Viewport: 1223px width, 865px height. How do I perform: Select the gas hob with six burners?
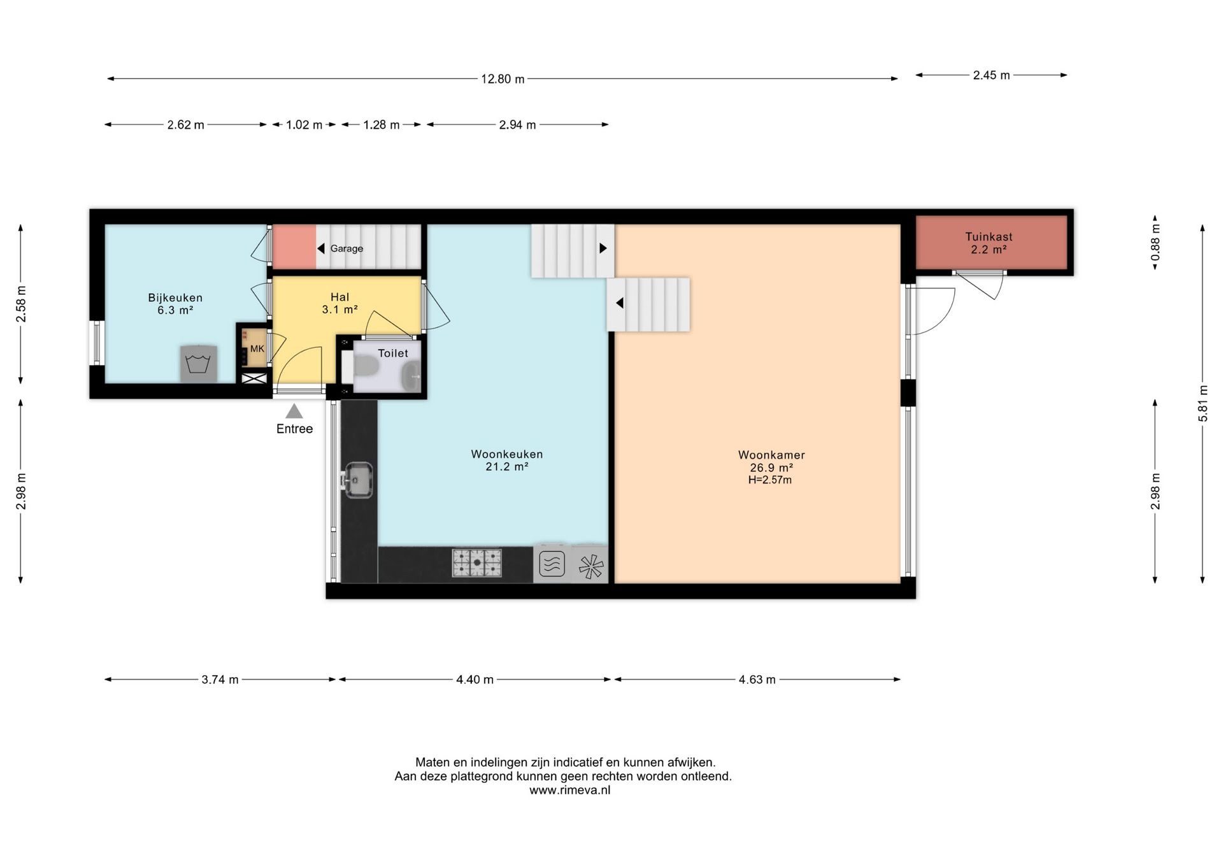[477, 563]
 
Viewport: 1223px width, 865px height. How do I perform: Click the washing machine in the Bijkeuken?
[198, 364]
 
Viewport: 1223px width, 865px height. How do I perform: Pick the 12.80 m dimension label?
[503, 79]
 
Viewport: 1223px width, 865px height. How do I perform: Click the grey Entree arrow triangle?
[294, 411]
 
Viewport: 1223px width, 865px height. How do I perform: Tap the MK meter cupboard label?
[257, 349]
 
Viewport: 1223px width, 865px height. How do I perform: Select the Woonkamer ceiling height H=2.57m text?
[770, 480]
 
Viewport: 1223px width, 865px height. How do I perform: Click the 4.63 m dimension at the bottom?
[757, 680]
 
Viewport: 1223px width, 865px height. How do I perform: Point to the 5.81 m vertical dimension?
[1203, 403]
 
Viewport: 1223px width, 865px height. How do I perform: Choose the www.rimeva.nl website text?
[569, 790]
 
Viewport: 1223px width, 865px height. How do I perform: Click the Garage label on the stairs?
[347, 248]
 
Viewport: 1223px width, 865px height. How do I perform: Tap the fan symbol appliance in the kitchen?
[590, 566]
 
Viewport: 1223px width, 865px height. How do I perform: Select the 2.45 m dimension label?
[991, 75]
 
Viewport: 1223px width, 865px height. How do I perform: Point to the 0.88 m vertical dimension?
[1155, 242]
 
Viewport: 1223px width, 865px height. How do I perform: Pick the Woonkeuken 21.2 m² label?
[507, 461]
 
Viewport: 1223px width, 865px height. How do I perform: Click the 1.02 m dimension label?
[304, 125]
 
